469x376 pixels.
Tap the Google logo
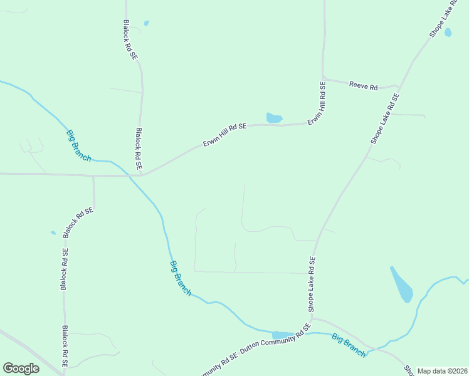(21, 368)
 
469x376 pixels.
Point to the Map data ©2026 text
(442, 371)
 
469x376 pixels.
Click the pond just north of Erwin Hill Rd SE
(274, 117)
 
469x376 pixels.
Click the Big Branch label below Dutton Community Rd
(349, 345)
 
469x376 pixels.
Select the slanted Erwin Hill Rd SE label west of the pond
(224, 135)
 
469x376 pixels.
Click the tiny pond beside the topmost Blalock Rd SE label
(146, 23)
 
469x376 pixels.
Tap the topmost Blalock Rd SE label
(130, 39)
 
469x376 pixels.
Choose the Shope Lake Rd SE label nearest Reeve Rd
(384, 120)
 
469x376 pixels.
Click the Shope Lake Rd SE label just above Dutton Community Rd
(311, 284)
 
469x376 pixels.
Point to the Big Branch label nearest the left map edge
(78, 145)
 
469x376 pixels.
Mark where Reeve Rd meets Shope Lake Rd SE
(399, 86)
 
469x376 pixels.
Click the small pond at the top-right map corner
(448, 32)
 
